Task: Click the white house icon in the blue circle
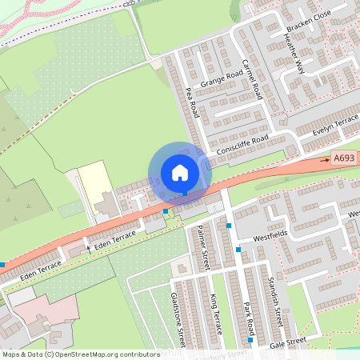coord(180,172)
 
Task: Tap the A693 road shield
coord(343,160)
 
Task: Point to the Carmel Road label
coord(253,78)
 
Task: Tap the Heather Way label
coord(294,56)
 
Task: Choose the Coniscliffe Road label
coord(242,146)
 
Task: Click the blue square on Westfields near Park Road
coord(238,250)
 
